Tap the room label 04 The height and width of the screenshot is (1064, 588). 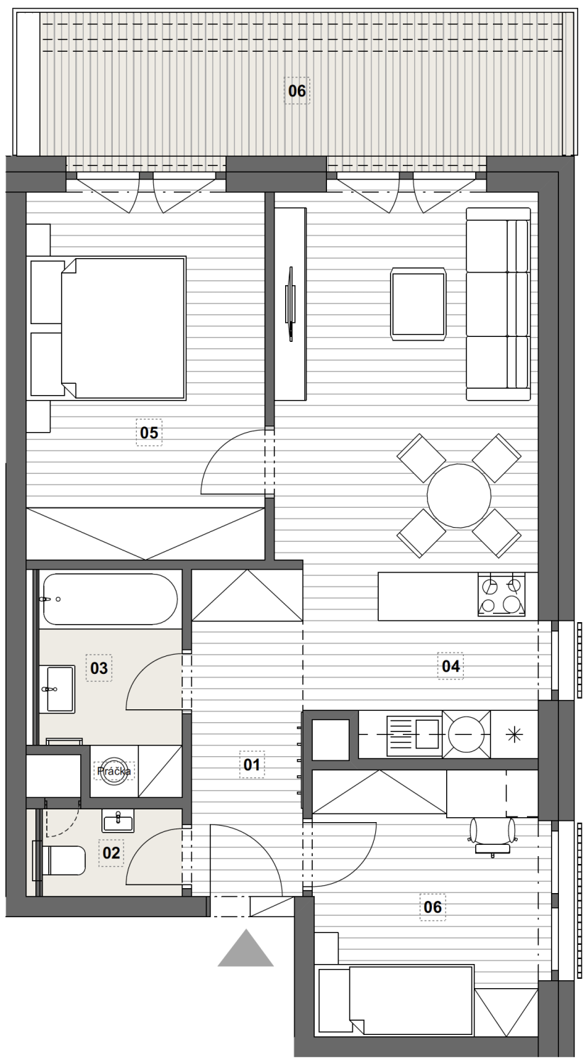coord(450,666)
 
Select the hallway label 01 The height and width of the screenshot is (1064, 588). coord(252,764)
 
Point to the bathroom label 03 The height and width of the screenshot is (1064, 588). coord(99,668)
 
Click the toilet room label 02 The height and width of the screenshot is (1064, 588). coord(111,853)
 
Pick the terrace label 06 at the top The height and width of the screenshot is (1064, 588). coord(297,90)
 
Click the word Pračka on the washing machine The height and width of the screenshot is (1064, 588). coord(114,771)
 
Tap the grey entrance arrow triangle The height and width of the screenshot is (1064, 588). coord(245,948)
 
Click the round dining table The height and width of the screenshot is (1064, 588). coord(459,495)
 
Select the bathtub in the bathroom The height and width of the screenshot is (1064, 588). coord(110,599)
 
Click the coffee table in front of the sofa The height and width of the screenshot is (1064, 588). coord(418,304)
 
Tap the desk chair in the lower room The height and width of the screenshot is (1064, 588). coord(492,836)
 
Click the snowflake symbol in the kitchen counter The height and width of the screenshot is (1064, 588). coord(514,736)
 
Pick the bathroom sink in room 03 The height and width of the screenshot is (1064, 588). coord(60,689)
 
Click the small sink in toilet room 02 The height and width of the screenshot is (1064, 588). coord(118,820)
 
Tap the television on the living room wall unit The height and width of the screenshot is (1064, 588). coord(289,304)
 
